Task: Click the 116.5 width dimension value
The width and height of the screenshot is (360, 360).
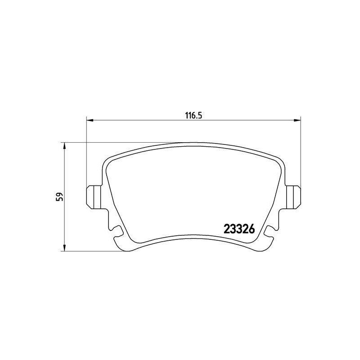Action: (x=193, y=116)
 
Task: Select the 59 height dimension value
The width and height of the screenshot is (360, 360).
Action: (x=59, y=197)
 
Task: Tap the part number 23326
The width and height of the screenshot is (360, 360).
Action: (x=239, y=229)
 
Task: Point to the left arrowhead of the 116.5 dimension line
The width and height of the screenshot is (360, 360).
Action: (x=89, y=120)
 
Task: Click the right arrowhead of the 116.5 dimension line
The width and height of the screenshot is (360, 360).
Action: (x=297, y=120)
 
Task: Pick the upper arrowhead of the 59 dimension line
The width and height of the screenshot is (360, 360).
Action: (x=64, y=145)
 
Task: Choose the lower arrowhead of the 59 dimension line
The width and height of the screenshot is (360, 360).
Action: (x=64, y=248)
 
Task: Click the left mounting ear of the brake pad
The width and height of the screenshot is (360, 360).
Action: (x=94, y=197)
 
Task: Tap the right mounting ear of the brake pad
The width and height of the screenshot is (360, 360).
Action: (x=293, y=197)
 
